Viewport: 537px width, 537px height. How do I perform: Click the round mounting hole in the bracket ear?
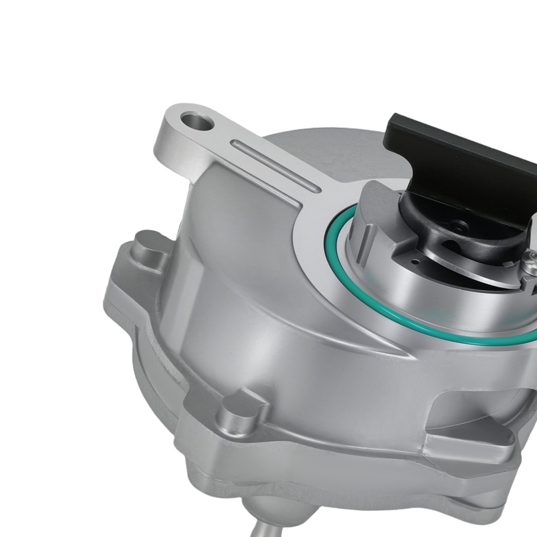tap(197, 121)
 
